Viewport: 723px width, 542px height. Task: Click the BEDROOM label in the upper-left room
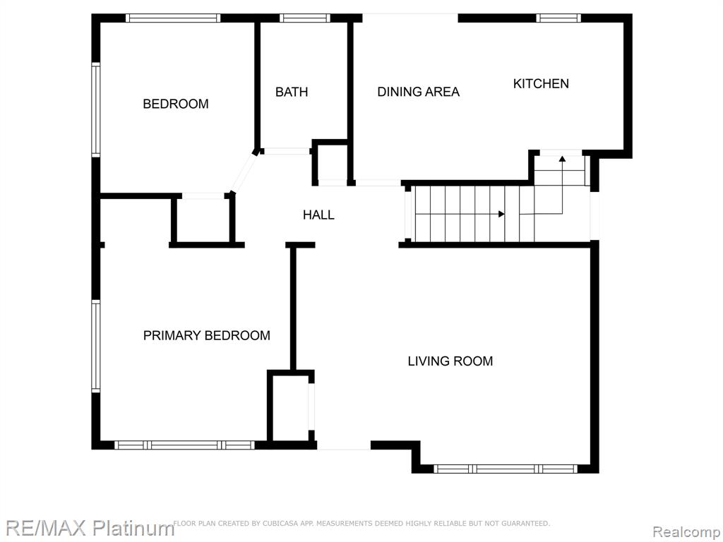176,104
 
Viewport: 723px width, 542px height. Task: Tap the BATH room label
292,92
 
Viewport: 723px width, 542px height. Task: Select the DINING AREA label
418,92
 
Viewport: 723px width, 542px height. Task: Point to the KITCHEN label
541,83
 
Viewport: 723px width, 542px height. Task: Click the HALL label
318,215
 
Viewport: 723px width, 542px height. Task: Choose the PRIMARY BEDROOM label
207,335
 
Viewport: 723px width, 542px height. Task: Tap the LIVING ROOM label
450,361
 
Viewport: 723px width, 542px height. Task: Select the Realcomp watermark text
686,531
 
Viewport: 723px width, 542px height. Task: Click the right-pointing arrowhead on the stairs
502,214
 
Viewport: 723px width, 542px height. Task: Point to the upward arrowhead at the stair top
562,159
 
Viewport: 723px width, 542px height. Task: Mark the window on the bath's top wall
305,18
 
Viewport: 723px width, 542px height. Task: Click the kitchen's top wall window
558,18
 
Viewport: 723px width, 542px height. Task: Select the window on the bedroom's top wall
173,18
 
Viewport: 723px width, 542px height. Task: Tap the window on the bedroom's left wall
96,109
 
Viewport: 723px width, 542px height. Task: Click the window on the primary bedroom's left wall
96,346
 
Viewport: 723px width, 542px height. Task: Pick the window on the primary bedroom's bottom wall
184,445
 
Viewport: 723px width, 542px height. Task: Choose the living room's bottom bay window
506,469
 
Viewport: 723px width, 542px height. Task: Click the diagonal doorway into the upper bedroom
243,172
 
